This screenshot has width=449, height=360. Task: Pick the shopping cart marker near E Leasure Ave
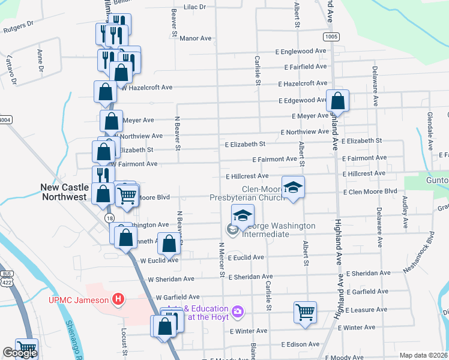(305, 312)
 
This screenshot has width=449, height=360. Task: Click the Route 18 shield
(109, 217)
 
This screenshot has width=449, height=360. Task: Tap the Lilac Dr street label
(194, 7)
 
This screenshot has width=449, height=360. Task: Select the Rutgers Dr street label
(17, 28)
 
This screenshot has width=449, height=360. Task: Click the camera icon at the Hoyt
(238, 311)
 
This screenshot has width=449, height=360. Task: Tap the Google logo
(20, 353)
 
